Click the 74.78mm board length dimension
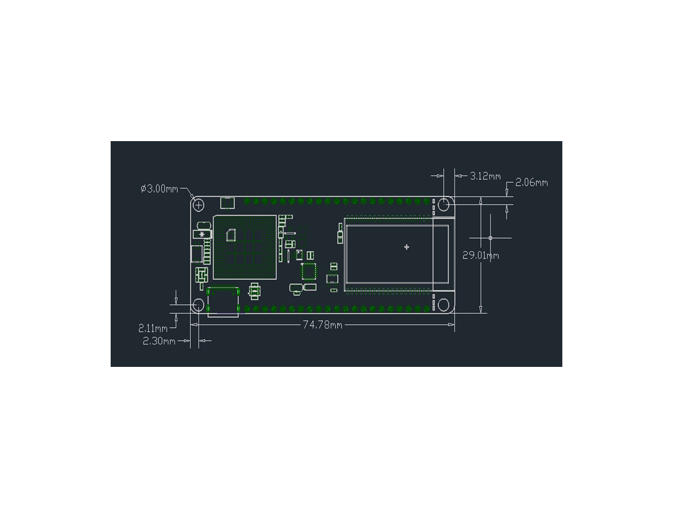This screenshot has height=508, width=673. [322, 325]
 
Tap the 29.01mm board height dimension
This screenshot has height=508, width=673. [480, 256]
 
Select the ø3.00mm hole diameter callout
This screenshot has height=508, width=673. [159, 189]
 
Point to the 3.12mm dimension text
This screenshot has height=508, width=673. [485, 176]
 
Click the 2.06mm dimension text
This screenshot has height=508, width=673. [531, 183]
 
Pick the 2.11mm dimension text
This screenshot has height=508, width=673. [153, 329]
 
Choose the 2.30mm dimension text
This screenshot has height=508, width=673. [159, 341]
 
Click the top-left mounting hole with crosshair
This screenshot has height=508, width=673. [198, 205]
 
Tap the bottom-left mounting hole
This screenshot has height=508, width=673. [198, 305]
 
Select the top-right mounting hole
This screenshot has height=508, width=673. [443, 205]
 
